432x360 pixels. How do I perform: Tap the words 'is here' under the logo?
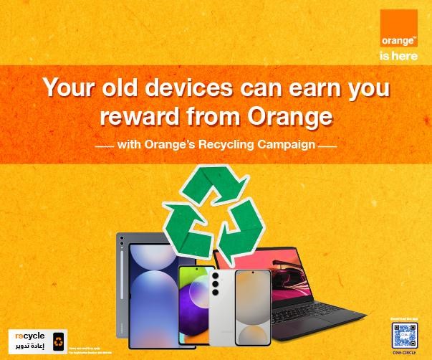398,56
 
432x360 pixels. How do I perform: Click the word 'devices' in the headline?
175,88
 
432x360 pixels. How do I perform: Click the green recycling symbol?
213,212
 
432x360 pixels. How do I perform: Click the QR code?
405,335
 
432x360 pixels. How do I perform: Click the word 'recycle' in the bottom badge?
29,335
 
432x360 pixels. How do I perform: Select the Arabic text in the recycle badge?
29,346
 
